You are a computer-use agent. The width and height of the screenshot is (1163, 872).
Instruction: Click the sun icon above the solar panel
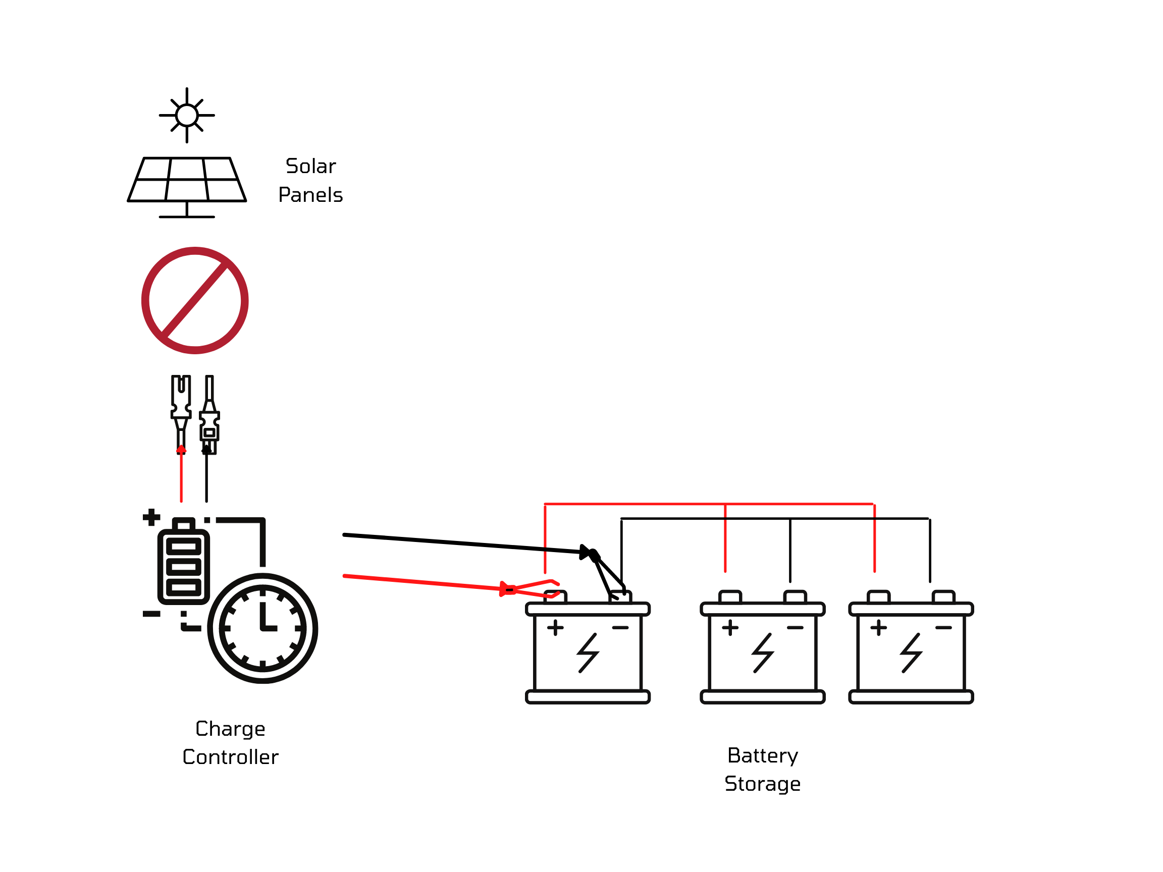pyautogui.click(x=187, y=115)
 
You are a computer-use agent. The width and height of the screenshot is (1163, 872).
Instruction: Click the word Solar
pyautogui.click(x=310, y=166)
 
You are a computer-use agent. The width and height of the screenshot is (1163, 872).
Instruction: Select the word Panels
pyautogui.click(x=310, y=195)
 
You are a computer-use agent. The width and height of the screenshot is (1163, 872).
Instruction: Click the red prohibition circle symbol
pyautogui.click(x=194, y=300)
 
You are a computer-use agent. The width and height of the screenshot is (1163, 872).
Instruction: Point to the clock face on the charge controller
pyautogui.click(x=262, y=628)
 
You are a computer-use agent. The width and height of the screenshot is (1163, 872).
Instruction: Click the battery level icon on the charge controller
pyautogui.click(x=184, y=566)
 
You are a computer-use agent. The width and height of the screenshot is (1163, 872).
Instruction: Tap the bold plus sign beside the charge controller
pyautogui.click(x=151, y=517)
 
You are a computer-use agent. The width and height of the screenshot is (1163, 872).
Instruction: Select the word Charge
pyautogui.click(x=230, y=729)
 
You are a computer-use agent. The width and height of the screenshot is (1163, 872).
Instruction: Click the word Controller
pyautogui.click(x=230, y=757)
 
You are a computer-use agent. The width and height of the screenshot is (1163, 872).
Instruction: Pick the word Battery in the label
pyautogui.click(x=762, y=756)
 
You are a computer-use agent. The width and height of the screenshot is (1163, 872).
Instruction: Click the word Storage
pyautogui.click(x=762, y=784)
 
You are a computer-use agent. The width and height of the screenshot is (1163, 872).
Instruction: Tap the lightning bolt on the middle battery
pyautogui.click(x=762, y=653)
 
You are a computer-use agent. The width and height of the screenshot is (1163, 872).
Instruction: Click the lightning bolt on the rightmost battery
pyautogui.click(x=911, y=653)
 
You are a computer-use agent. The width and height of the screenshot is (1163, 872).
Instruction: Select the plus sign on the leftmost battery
pyautogui.click(x=555, y=628)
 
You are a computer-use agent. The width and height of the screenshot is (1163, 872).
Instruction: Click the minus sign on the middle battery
pyautogui.click(x=795, y=628)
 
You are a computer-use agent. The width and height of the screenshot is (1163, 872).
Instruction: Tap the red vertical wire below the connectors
pyautogui.click(x=181, y=476)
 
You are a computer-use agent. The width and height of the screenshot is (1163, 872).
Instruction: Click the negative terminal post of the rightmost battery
pyautogui.click(x=943, y=597)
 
